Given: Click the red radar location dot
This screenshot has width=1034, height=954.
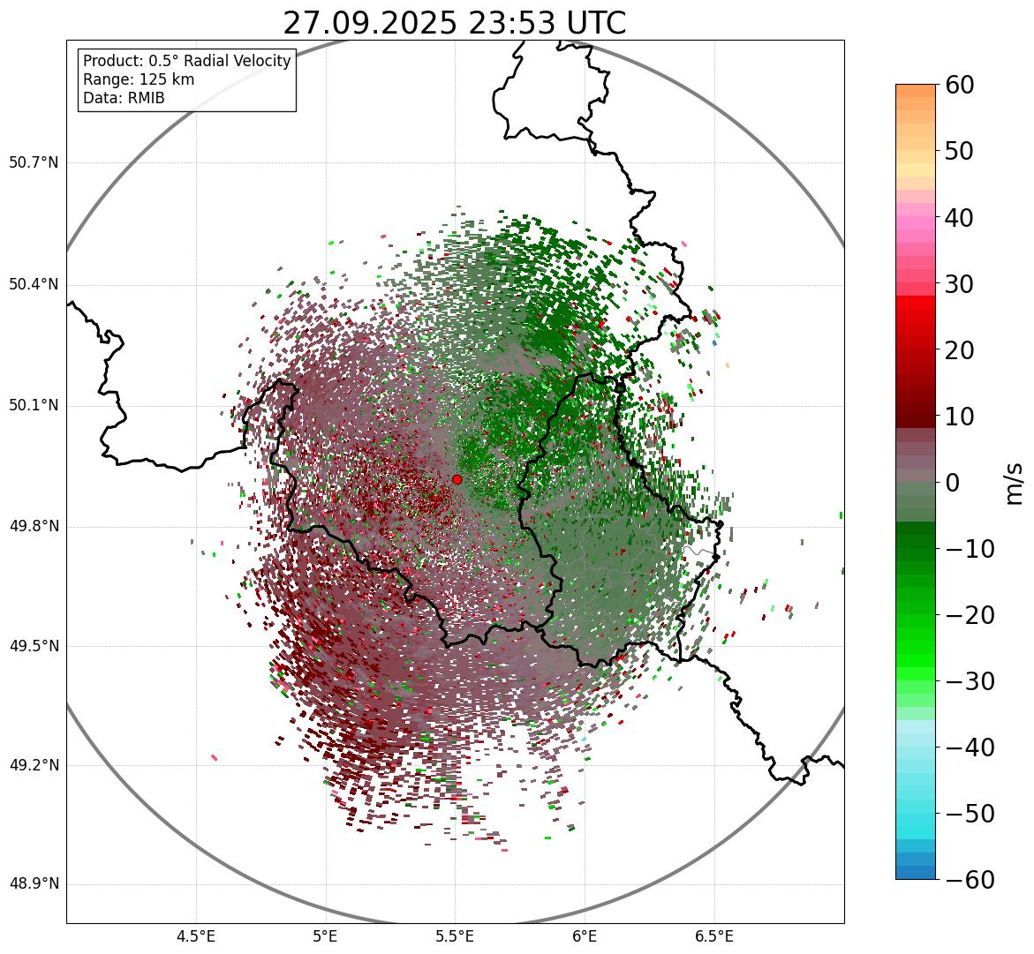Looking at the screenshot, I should pos(457,479).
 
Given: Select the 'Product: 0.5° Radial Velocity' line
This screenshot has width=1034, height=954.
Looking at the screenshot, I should pos(186,61).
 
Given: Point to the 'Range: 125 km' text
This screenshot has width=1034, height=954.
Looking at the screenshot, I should pos(139,79).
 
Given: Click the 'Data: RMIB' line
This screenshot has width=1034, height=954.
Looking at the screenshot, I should pos(124,98).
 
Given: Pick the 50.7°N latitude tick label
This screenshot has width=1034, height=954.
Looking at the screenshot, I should pos(34,163).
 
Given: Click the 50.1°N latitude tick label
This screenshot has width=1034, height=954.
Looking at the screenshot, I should pos(34,406).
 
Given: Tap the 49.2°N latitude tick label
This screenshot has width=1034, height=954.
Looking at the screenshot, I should pos(34,765).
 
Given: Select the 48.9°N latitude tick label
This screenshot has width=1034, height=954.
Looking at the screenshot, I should pos(34,884).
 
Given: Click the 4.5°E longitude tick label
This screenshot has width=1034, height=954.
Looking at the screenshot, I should pos(196,936).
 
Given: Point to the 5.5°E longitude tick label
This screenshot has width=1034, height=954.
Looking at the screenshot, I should pos(455,936).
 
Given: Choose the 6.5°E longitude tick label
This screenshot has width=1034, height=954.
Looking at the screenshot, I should pos(713,936).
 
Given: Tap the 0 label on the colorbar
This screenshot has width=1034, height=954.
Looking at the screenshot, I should pos(953,483).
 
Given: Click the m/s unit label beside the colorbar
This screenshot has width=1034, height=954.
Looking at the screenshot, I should pos(1015,482).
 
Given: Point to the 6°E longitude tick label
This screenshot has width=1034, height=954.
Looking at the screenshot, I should pos(585,936).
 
